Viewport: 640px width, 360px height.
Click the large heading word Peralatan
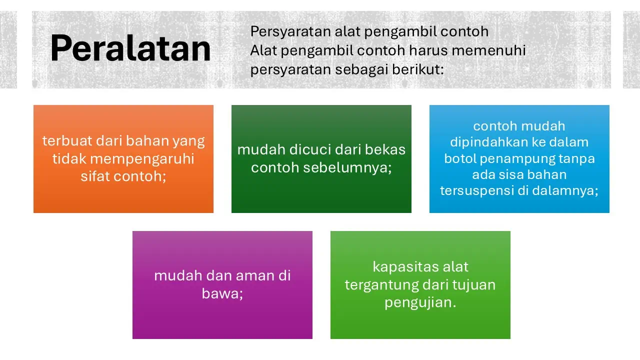[x=130, y=49]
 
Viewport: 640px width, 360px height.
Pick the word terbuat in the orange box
[x=62, y=141]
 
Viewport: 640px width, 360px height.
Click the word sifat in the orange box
[x=93, y=176]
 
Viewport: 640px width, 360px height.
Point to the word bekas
[x=387, y=149]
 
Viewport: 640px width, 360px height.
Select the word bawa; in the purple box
[x=222, y=293]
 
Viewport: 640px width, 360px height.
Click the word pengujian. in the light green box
[x=420, y=302]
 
